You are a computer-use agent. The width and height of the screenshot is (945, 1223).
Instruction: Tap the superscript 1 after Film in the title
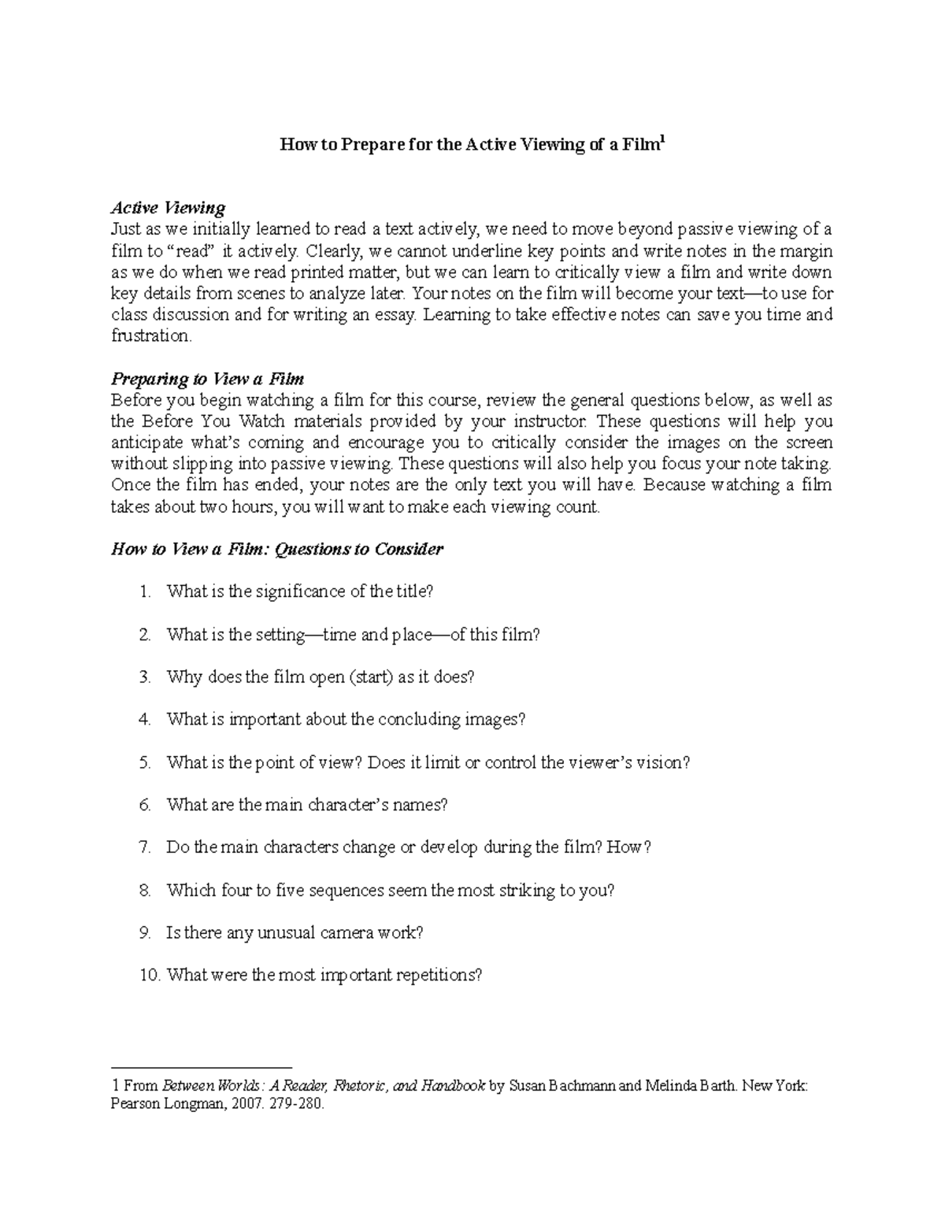(663, 139)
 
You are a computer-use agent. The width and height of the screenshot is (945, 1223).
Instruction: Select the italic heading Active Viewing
(168, 208)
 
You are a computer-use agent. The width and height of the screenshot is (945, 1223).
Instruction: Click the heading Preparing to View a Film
(208, 379)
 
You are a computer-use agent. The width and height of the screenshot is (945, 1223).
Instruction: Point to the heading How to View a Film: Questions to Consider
(277, 549)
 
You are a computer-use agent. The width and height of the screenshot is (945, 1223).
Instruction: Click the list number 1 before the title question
(144, 591)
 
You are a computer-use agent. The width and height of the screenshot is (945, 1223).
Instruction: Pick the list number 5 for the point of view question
(144, 762)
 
